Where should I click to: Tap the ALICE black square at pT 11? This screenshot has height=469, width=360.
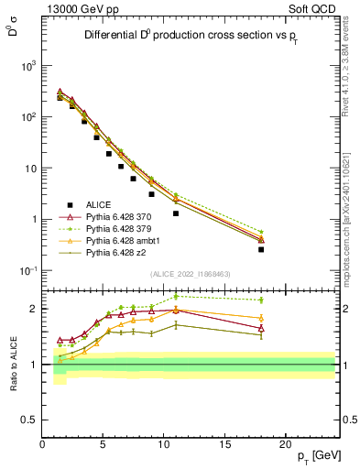176,213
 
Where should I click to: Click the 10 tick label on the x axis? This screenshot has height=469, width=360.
164,443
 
